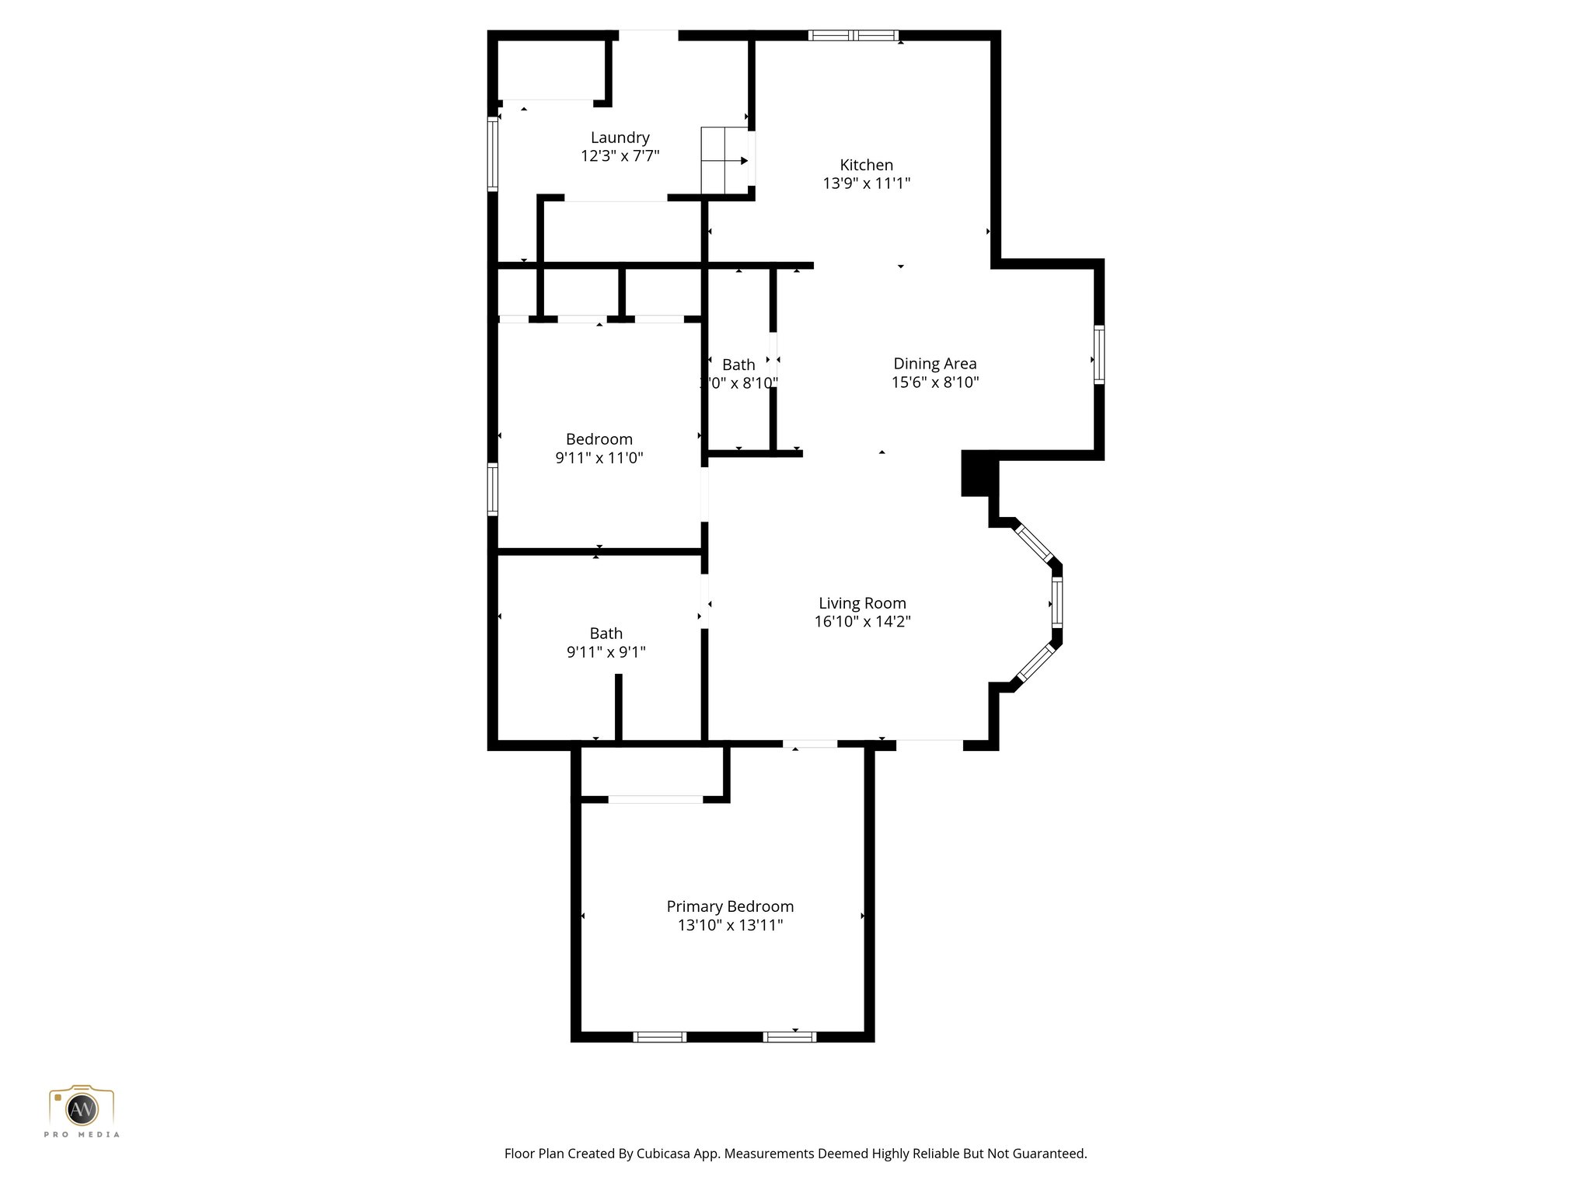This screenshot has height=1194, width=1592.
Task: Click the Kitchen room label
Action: [x=866, y=165]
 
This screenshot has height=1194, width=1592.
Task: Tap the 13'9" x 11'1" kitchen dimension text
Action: [x=866, y=183]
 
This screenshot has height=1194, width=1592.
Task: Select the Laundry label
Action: [x=620, y=138]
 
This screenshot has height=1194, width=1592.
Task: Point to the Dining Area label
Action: [x=934, y=363]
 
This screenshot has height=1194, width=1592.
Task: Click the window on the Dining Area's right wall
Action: [x=1098, y=354]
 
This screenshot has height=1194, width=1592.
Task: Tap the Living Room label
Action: [x=862, y=602]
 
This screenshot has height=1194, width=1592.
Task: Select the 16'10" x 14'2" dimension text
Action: [x=862, y=621]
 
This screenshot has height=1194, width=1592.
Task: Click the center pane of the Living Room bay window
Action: [x=1056, y=602]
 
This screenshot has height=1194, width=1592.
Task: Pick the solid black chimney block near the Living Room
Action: [x=978, y=473]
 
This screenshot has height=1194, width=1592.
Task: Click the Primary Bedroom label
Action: [x=730, y=906]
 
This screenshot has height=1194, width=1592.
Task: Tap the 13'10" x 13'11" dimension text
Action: [x=730, y=925]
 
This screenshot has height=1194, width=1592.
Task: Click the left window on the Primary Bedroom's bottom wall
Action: [x=659, y=1036]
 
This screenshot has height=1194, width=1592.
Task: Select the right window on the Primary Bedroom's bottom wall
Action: [x=790, y=1036]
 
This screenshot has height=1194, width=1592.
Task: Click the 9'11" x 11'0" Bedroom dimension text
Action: [x=599, y=458]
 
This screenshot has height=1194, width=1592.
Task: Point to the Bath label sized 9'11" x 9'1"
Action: [x=606, y=634]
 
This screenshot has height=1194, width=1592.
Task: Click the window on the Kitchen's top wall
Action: [x=853, y=35]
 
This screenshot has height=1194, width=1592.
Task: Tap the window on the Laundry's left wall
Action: [x=492, y=154]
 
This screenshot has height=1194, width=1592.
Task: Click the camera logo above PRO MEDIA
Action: [x=82, y=1106]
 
